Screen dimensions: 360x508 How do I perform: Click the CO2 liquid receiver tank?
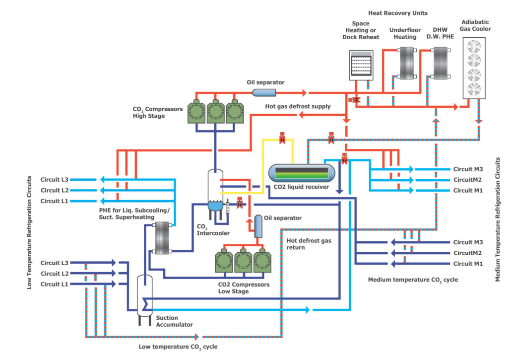(x=298, y=173)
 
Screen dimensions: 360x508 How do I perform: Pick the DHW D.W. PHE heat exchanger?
(x=440, y=64)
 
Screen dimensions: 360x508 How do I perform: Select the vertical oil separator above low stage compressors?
(x=258, y=226)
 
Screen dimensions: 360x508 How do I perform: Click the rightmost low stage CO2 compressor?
(x=263, y=262)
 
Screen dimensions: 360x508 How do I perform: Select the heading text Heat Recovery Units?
(x=397, y=12)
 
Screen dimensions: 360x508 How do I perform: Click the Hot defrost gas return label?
(x=309, y=243)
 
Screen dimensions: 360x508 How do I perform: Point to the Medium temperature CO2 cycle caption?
(x=413, y=280)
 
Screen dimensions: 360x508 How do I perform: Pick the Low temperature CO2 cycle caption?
(x=178, y=347)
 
